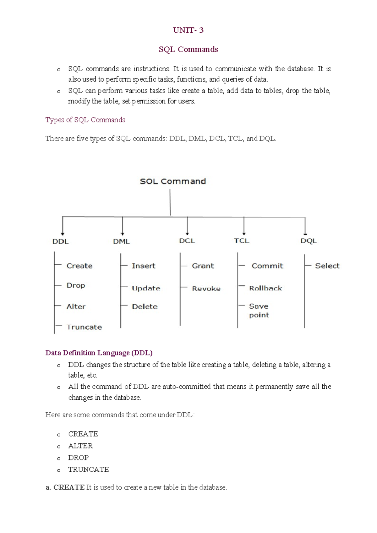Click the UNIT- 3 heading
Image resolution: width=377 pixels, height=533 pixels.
coord(188,30)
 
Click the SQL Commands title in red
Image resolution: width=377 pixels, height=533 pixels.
coord(188,49)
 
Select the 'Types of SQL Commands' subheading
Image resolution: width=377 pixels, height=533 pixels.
coord(85,120)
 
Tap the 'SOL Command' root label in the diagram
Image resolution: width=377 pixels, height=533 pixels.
coord(173,181)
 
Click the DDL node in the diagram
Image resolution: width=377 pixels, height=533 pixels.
coord(60,241)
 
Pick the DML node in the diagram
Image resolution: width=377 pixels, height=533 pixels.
coord(121,241)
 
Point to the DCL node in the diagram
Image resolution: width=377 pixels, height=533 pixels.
coord(187,241)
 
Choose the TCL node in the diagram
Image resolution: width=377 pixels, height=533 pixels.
coord(241,241)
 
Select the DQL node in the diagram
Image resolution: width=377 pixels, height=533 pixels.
coord(309,241)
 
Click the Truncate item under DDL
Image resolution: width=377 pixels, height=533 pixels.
coord(84,327)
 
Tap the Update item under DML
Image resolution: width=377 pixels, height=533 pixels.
coord(146,288)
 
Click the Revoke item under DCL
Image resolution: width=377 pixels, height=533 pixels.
coord(206,288)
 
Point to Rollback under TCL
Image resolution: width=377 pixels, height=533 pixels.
coord(265,288)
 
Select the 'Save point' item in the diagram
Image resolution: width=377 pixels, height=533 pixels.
coord(259,310)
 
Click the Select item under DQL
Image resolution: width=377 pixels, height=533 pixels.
coord(327,266)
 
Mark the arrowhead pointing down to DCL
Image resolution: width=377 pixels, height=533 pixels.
coord(187,233)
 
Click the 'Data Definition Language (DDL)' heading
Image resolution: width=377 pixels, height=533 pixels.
coord(99,353)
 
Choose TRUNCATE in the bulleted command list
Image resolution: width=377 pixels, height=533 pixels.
coord(89,470)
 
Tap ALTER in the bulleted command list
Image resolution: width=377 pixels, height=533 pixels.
coord(80,446)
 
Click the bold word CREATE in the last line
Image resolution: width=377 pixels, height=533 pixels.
coord(69,487)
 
